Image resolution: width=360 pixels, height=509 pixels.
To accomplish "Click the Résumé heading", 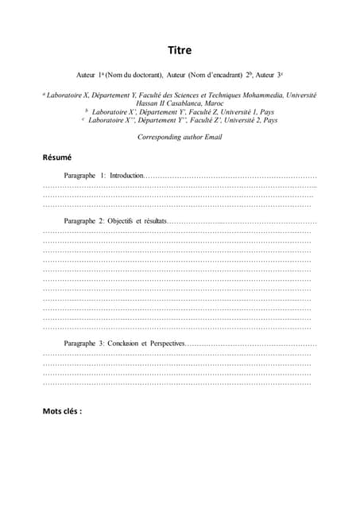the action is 57,157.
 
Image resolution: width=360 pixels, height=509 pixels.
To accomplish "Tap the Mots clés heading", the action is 62,411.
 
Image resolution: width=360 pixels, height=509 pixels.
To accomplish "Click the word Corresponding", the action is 160,137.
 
